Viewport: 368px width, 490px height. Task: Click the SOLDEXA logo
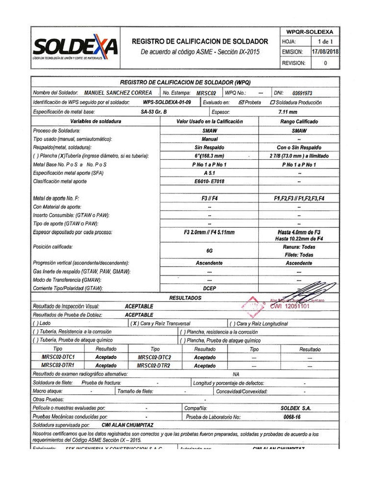(x=75, y=47)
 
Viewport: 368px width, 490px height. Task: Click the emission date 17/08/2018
(x=325, y=52)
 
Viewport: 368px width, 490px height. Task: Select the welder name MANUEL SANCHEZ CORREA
(x=118, y=93)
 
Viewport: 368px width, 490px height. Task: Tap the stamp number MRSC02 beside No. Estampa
(x=207, y=93)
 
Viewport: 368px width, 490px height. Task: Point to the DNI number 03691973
(x=302, y=93)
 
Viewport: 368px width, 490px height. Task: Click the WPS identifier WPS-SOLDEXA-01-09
(x=167, y=102)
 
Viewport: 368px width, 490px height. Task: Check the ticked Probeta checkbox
(x=241, y=102)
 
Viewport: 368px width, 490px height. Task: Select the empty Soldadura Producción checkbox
(x=273, y=102)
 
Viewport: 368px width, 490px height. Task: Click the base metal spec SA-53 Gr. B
(x=154, y=112)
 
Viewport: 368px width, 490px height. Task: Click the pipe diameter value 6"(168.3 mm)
(x=209, y=156)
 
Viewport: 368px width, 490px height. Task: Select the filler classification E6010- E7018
(x=209, y=182)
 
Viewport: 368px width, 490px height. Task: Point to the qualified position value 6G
(x=209, y=251)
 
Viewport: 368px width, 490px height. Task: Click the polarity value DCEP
(x=209, y=289)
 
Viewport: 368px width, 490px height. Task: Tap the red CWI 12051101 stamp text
(x=290, y=306)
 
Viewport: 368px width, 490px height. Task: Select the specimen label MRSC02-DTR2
(x=154, y=366)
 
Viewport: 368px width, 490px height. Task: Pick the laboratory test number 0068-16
(x=292, y=417)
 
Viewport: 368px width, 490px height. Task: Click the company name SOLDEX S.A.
(x=296, y=408)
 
